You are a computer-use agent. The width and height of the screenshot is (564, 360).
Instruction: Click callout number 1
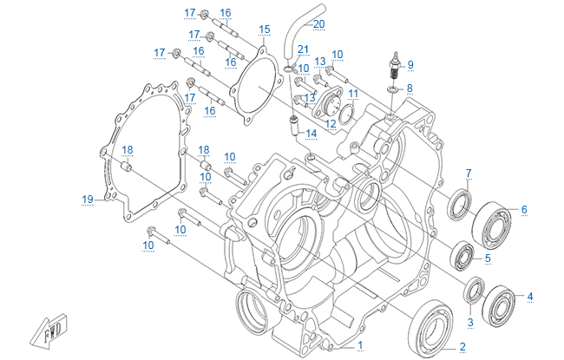[x=360, y=345]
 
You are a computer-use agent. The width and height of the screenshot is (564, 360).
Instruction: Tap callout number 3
[x=471, y=323]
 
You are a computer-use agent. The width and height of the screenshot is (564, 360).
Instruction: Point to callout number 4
[x=530, y=296]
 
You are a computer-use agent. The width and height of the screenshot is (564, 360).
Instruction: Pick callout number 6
[x=524, y=209]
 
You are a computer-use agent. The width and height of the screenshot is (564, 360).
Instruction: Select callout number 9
[x=410, y=64]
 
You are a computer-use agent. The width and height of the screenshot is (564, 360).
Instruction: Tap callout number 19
[x=88, y=200]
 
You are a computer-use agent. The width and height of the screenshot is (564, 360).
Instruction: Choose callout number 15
[x=265, y=29]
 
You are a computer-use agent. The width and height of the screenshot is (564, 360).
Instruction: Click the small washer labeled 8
[x=392, y=90]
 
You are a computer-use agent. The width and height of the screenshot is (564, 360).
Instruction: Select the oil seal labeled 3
[x=474, y=290]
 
